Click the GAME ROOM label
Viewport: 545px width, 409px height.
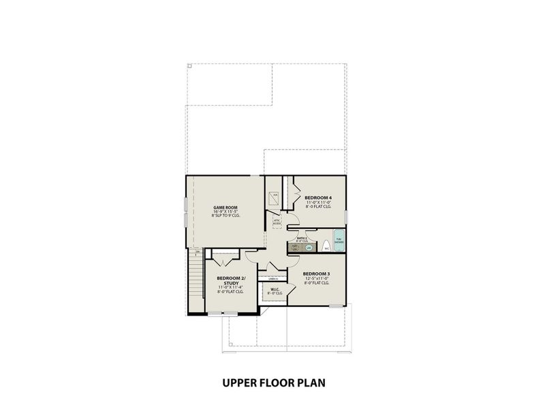(x=225, y=207)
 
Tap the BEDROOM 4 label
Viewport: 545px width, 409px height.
(x=318, y=198)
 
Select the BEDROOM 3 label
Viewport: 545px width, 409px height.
(x=316, y=275)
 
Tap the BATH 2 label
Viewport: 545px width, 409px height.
(x=302, y=238)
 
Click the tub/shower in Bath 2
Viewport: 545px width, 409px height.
(x=339, y=242)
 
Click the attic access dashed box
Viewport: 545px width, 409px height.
(x=277, y=222)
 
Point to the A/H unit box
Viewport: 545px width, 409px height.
(x=275, y=198)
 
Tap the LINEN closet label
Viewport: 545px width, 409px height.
(x=273, y=277)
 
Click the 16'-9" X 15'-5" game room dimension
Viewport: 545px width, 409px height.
(x=225, y=212)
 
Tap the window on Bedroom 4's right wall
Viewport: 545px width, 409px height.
(x=346, y=216)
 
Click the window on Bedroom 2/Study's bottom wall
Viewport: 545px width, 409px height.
(x=223, y=314)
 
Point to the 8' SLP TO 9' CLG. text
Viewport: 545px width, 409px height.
(x=225, y=216)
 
